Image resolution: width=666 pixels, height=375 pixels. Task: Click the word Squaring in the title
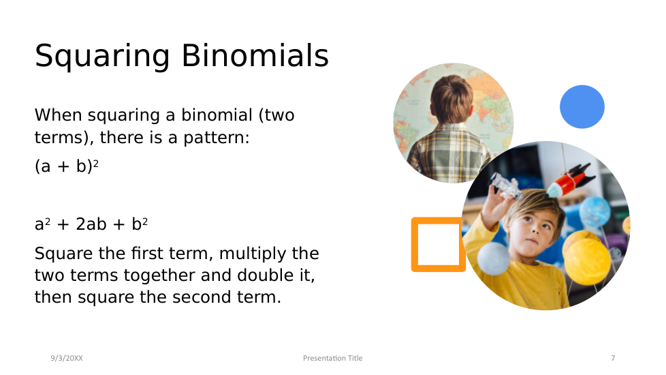pyautogui.click(x=102, y=57)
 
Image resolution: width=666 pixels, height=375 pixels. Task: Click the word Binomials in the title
pyautogui.click(x=255, y=55)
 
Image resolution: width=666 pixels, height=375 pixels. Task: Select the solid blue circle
pyautogui.click(x=582, y=107)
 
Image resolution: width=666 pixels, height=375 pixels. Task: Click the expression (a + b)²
pyautogui.click(x=67, y=166)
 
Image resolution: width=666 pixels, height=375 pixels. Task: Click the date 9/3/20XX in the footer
pyautogui.click(x=67, y=358)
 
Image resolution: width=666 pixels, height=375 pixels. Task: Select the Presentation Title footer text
pyautogui.click(x=332, y=358)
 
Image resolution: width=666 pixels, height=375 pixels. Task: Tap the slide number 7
pyautogui.click(x=613, y=358)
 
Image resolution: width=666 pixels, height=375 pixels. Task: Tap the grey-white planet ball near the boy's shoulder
pyautogui.click(x=493, y=258)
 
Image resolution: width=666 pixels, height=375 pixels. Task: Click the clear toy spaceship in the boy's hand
pyautogui.click(x=506, y=186)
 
